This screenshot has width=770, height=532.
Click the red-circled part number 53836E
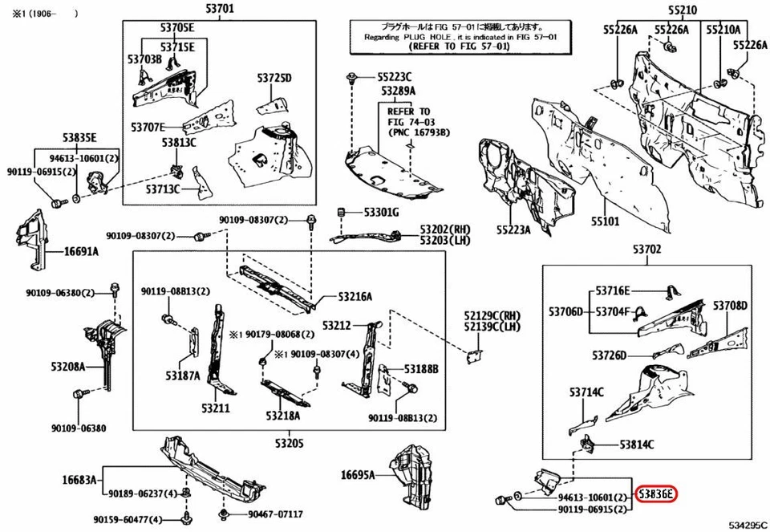655,493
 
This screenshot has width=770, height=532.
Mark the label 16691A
82,251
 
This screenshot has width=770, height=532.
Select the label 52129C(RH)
492,315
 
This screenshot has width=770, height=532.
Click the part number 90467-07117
275,514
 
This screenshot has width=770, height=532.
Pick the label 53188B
421,369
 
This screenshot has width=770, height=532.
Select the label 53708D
731,306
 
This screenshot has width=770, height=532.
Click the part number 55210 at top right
682,10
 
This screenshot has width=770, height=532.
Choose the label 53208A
68,367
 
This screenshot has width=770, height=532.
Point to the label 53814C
636,444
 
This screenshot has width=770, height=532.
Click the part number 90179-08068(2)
273,334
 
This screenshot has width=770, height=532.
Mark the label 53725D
274,78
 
